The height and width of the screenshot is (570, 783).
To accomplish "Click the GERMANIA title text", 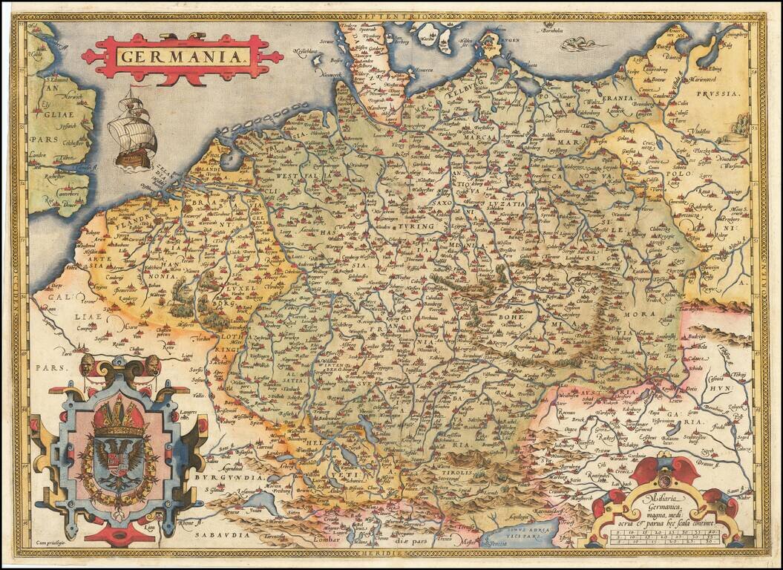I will coord(183,56).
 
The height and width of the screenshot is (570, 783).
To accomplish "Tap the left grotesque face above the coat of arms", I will coord(88,364).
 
